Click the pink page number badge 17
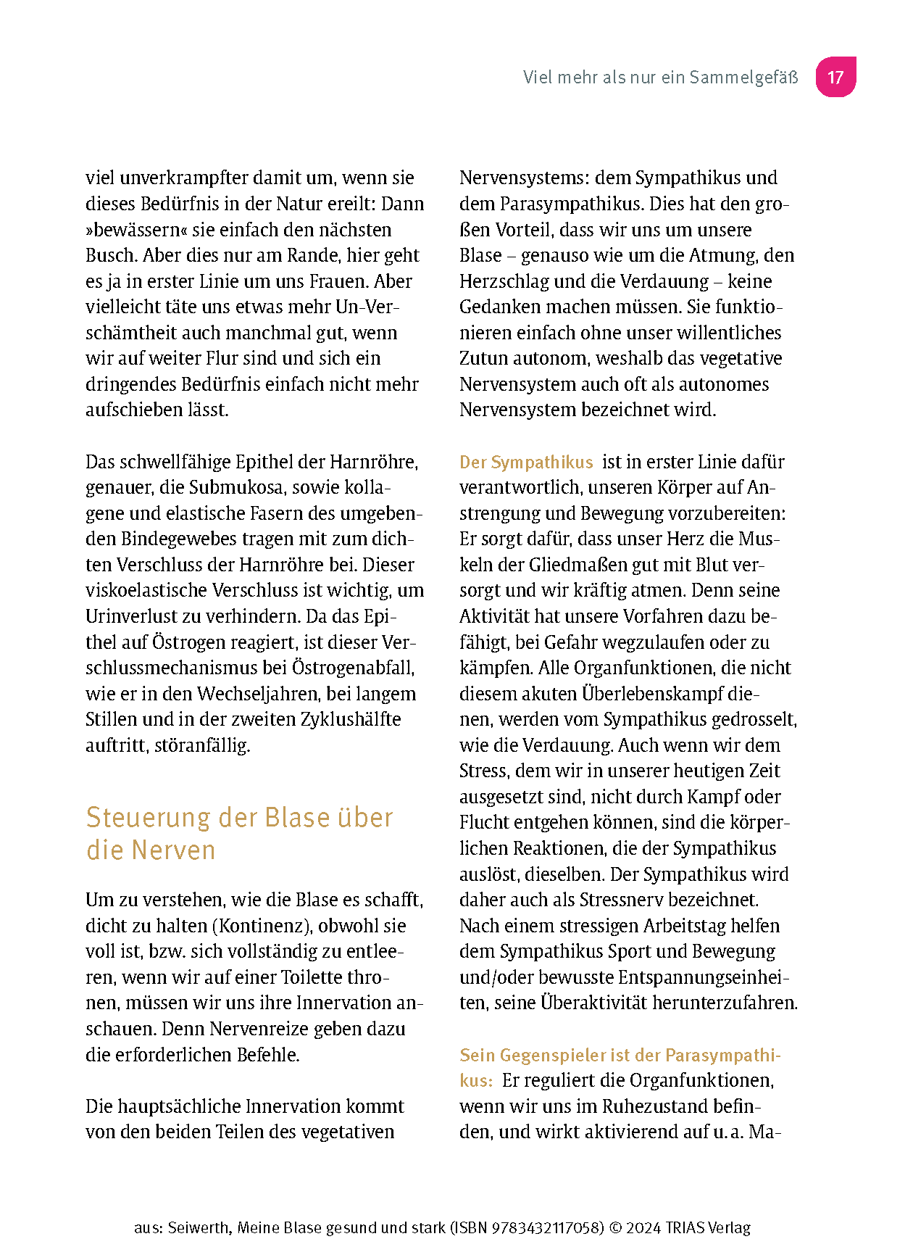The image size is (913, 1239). coord(835,77)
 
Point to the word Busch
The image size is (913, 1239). coord(111,255)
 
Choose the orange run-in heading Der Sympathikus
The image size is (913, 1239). coord(526,462)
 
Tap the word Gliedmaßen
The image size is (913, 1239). coord(568,565)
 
